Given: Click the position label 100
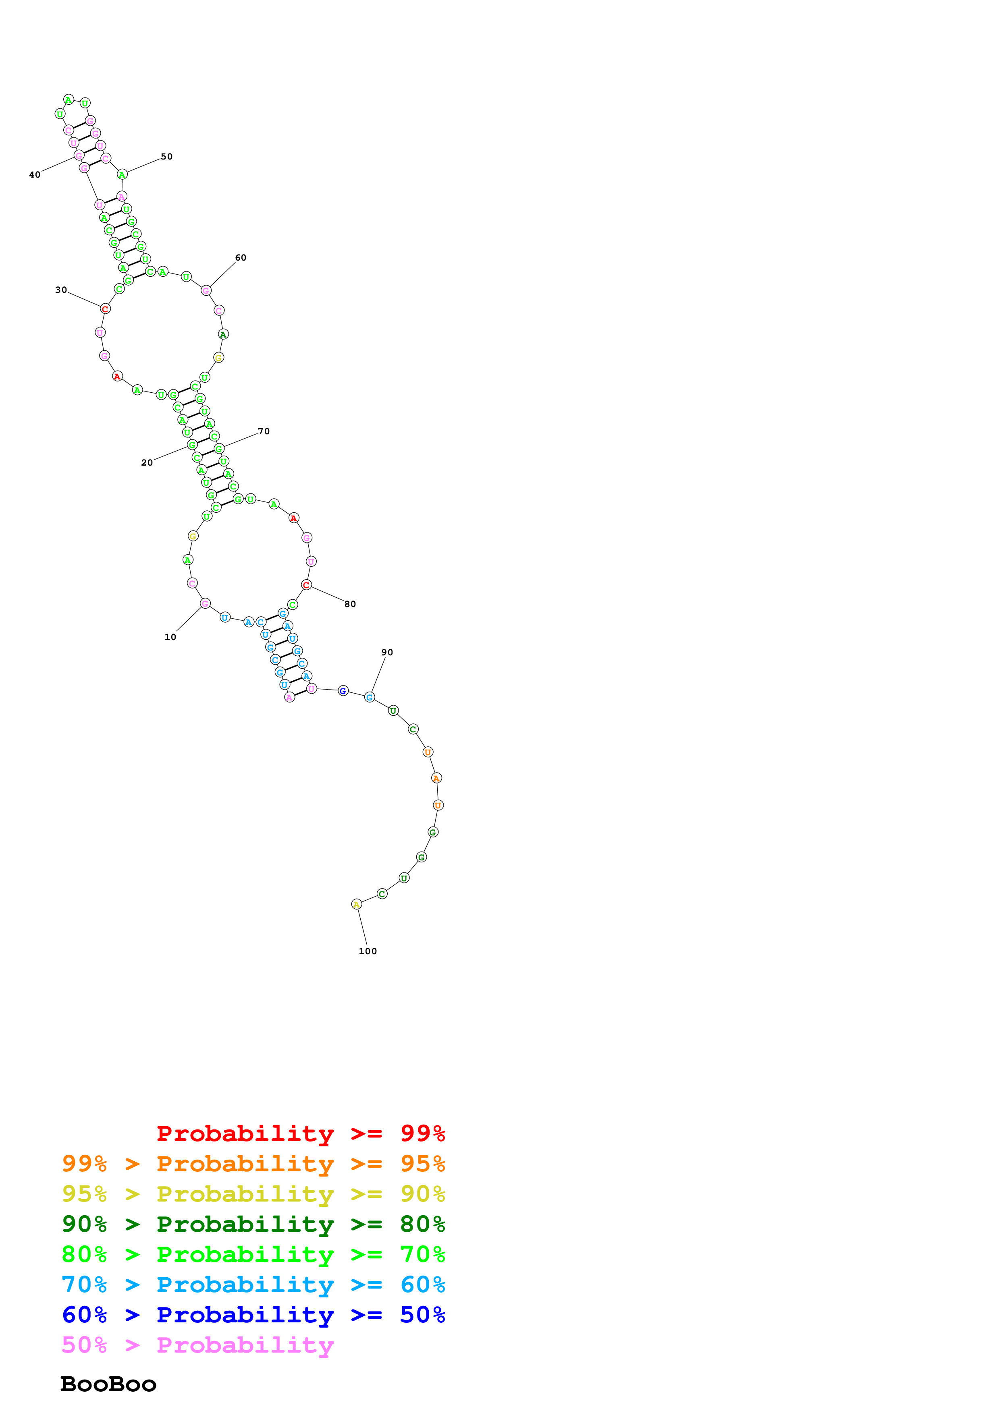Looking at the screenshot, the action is (368, 951).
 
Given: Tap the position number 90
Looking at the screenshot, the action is (386, 653).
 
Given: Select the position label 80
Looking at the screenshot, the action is (350, 604).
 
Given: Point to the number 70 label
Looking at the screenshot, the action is (264, 431).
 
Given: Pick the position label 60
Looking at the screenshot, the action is (241, 257).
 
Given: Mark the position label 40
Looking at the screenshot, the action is (35, 175).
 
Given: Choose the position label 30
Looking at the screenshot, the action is (61, 290).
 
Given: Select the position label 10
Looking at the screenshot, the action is (170, 637).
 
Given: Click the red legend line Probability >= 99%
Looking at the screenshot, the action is (300, 1133).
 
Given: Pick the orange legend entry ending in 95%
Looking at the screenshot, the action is (253, 1164).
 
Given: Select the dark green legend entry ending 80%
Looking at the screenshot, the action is (253, 1224).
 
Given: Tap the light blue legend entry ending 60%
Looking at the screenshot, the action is (253, 1285).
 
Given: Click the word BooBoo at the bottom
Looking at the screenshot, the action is (108, 1384).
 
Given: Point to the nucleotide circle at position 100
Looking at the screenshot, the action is (356, 904).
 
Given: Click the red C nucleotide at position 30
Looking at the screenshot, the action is (105, 309).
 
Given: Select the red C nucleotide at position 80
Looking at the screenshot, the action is (306, 584).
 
